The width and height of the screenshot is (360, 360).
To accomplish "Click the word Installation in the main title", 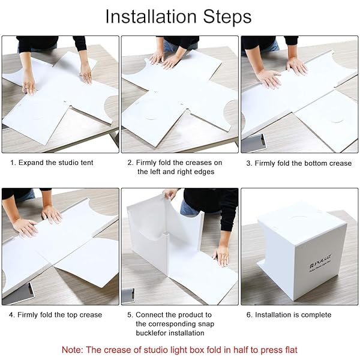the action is [151, 17].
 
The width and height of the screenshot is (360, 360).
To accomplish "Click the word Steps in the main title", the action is [227, 17].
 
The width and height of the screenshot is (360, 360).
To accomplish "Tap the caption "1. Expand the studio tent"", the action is [52, 163].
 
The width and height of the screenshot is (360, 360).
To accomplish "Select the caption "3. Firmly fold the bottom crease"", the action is [299, 163].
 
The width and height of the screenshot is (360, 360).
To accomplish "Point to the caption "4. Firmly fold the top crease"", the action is [55, 314].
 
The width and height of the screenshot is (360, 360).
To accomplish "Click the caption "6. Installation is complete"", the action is [289, 314].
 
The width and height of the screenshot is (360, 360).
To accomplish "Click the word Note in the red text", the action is [72, 350].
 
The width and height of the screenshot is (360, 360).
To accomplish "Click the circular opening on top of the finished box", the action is [301, 218].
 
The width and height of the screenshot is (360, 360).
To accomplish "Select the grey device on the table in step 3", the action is [254, 143].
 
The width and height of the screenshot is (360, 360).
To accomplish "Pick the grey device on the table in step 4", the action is [19, 295].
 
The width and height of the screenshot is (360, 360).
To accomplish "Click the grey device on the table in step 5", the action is [128, 296].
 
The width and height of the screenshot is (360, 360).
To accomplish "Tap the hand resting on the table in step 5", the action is [221, 256].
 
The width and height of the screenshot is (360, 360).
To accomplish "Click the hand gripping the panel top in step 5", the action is [170, 194].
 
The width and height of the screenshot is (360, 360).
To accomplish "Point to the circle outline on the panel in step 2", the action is [151, 118].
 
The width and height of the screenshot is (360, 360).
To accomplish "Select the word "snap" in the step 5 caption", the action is [205, 324].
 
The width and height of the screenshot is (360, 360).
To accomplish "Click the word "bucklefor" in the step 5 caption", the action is [151, 333].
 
